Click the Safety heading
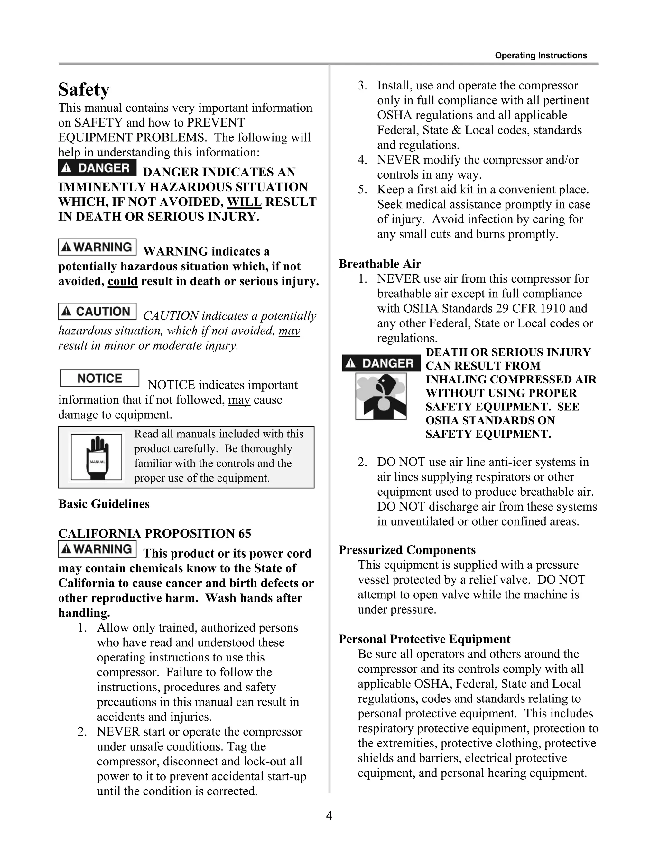pos(84,89)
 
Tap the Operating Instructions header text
pos(541,55)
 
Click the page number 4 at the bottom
pos(329,816)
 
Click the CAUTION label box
pos(97,311)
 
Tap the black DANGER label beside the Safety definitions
pos(97,168)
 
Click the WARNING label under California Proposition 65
pos(97,549)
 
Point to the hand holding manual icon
pos(97,457)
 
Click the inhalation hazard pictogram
pos(381,396)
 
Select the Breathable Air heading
pos(379,264)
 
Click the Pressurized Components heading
pos(407,550)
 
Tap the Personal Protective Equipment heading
pos(424,639)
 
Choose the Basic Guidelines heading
pos(104,504)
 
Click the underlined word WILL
pos(245,202)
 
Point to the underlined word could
pos(123,281)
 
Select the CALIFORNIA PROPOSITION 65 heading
pos(154,533)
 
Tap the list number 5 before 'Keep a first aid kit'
pos(362,190)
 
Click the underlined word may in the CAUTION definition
pos(289,331)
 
